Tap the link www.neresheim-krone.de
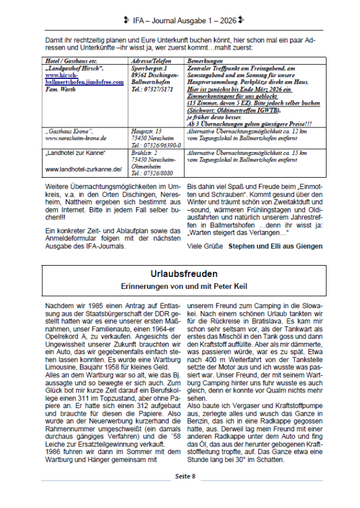pyautogui.click(x=75, y=138)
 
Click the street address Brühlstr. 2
pyautogui.click(x=147, y=153)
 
